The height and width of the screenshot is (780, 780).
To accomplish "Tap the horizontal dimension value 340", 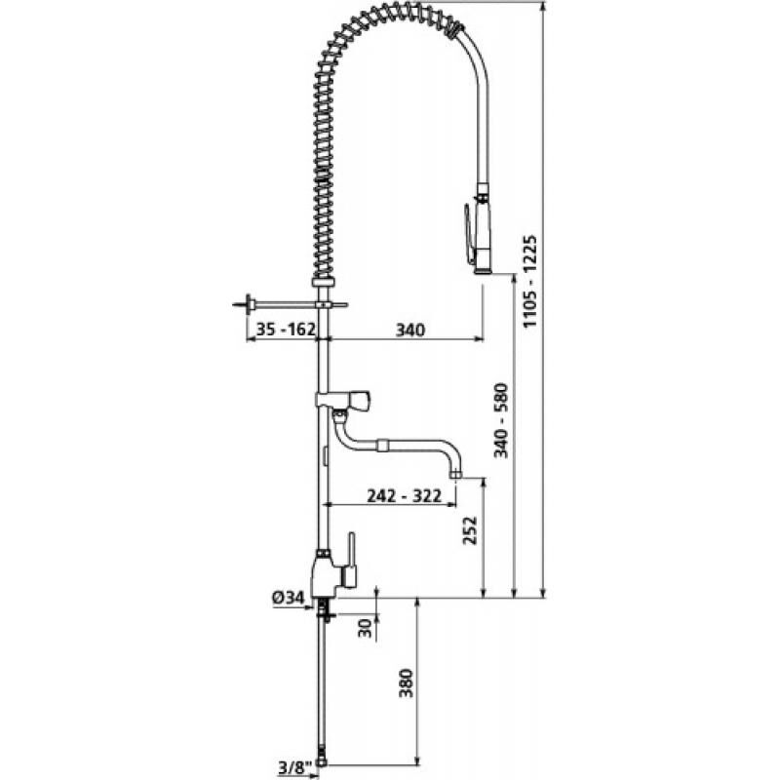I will (x=410, y=331).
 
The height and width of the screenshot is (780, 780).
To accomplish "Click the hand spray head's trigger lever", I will (x=470, y=228).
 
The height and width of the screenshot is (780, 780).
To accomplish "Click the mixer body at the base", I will (x=325, y=575).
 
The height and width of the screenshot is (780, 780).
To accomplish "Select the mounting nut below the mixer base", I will (x=325, y=611).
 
